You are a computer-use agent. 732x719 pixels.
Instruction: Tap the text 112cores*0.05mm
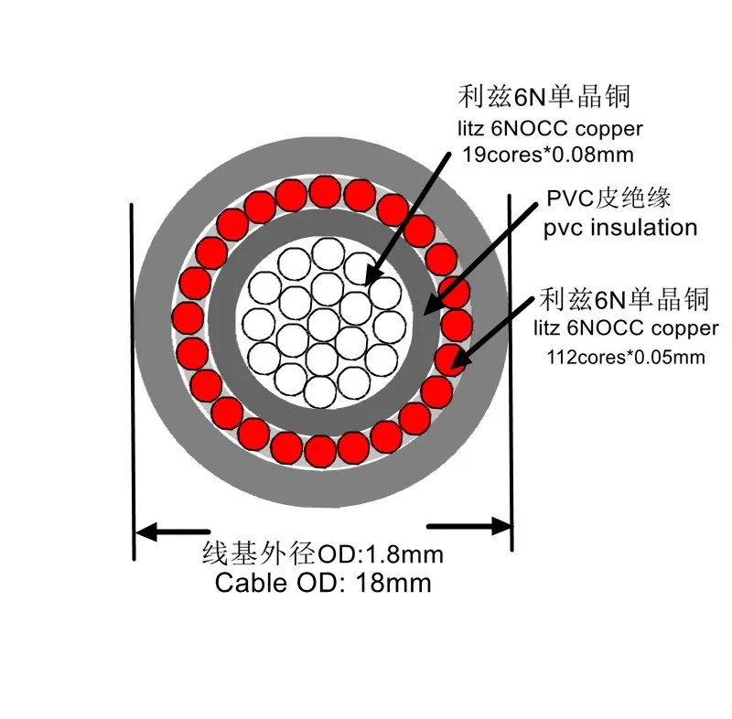(x=626, y=355)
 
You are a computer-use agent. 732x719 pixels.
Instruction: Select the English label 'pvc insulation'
(x=619, y=228)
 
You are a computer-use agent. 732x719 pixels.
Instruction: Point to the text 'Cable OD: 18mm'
(x=322, y=583)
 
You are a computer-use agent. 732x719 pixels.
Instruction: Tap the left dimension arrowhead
(x=146, y=530)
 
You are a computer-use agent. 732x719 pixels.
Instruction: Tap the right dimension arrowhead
(x=501, y=526)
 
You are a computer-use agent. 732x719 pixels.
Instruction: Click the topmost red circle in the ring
(x=325, y=191)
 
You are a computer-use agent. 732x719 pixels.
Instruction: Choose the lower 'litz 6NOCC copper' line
(x=626, y=327)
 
